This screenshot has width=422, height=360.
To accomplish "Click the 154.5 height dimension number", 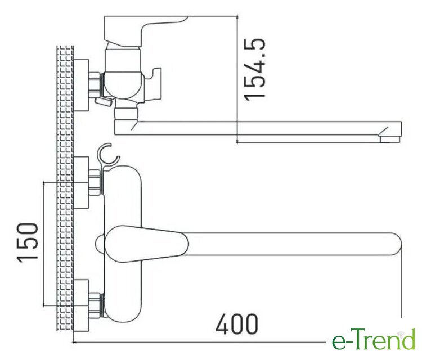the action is pos(254,69).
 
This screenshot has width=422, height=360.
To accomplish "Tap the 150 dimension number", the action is pos(28,242).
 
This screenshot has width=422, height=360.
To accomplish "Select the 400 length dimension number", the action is pos(237,324).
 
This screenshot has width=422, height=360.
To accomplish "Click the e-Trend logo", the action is pos(374,339).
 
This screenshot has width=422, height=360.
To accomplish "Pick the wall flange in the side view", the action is pos(81,85).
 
